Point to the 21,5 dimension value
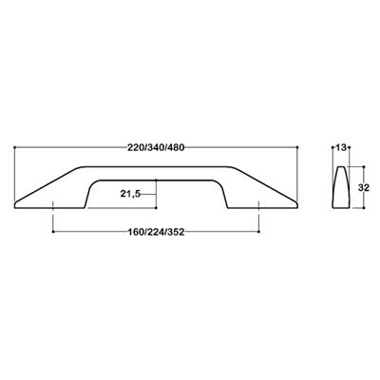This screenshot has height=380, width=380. tap(133, 194)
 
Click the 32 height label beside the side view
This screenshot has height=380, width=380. tap(364, 188)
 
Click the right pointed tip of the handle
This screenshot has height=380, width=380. tap(297, 203)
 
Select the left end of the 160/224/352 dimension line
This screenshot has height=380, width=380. tap(54, 231)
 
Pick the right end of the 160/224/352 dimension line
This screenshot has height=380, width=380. tap(259, 231)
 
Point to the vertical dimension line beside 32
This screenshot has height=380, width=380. tap(353, 188)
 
